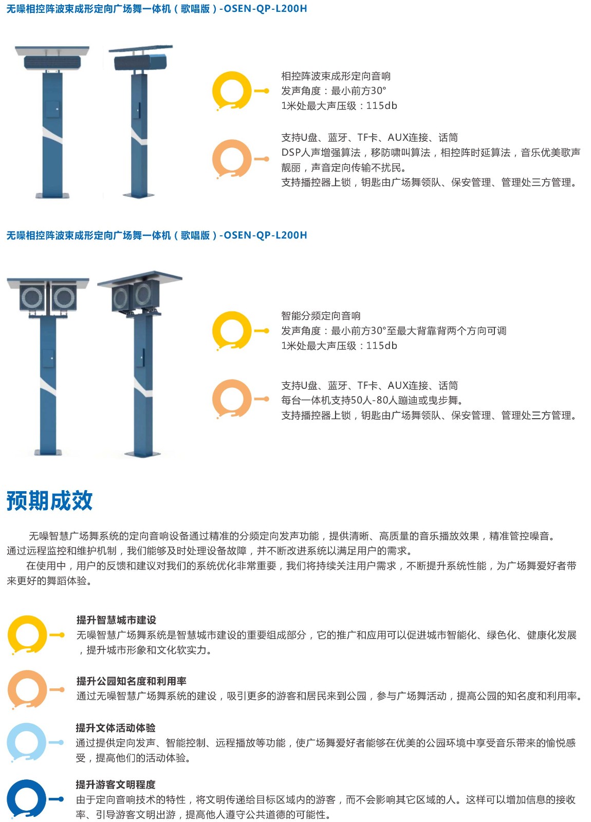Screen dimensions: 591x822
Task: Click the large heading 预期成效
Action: (49, 500)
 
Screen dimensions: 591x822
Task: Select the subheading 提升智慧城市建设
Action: (116, 620)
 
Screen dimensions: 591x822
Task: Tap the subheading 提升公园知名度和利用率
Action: (132, 681)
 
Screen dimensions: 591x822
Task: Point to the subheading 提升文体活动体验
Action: (116, 727)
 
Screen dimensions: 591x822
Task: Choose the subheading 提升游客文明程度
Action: (116, 784)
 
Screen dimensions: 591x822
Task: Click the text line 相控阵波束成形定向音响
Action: (336, 76)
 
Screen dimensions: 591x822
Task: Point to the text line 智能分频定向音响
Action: (321, 315)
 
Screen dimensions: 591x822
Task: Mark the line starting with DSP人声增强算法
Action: (431, 152)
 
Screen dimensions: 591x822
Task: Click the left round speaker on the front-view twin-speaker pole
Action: (32, 297)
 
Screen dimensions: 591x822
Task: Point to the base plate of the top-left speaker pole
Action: (52, 195)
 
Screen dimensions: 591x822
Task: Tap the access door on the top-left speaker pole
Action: (52, 109)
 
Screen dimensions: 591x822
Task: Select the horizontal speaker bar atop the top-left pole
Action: (52, 63)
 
